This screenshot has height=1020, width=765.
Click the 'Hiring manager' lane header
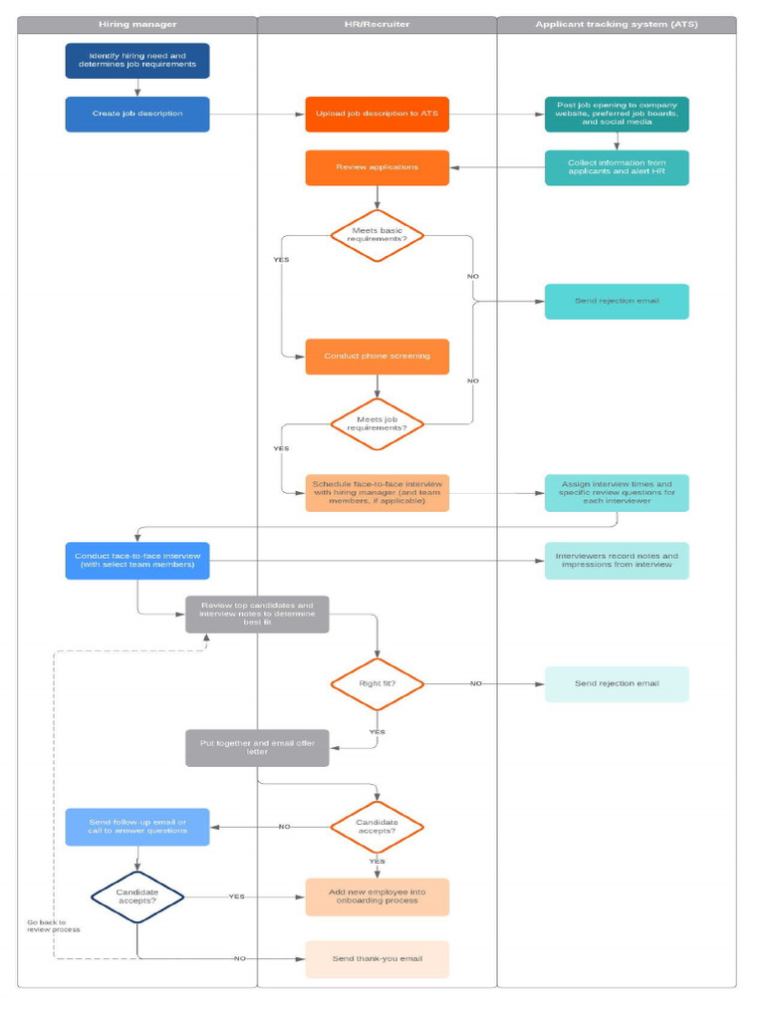click(x=137, y=24)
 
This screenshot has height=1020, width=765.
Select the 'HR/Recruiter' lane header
click(x=377, y=24)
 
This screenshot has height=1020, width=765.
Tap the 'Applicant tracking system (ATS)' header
click(x=617, y=24)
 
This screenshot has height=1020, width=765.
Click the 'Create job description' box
click(x=137, y=114)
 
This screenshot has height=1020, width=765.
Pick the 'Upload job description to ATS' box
click(x=377, y=114)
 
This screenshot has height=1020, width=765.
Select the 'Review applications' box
click(x=377, y=167)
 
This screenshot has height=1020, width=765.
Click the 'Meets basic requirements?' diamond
click(x=377, y=236)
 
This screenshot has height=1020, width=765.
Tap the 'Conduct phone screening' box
click(x=377, y=356)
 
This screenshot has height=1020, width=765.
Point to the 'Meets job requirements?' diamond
click(x=377, y=425)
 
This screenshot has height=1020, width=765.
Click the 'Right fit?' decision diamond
click(x=377, y=683)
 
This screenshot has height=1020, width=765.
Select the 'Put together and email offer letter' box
click(x=257, y=748)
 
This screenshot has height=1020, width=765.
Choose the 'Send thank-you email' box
click(x=377, y=959)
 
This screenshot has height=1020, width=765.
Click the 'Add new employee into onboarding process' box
click(x=377, y=896)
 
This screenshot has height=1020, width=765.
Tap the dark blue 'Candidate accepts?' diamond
click(x=137, y=896)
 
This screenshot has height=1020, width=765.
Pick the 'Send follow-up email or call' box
click(x=137, y=827)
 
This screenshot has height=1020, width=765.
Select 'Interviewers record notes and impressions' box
click(x=617, y=561)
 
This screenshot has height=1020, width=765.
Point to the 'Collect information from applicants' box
click(x=617, y=167)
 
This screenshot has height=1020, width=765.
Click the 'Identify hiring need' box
click(x=137, y=60)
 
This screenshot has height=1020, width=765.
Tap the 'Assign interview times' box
click(x=617, y=493)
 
